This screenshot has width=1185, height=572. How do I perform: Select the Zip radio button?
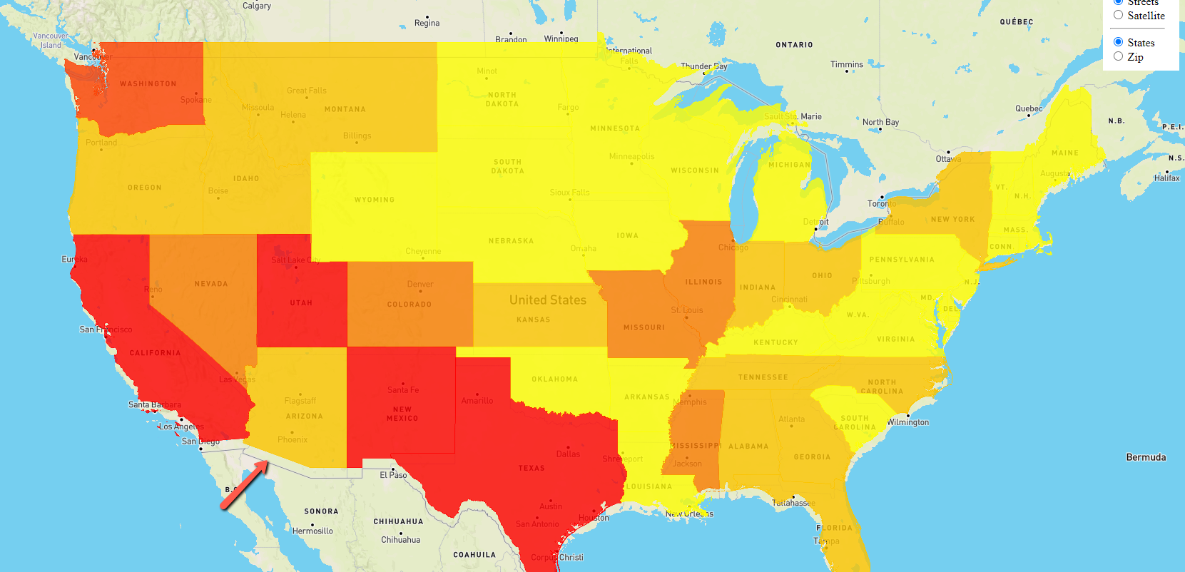click(1119, 56)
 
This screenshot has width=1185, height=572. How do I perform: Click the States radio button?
click(1119, 42)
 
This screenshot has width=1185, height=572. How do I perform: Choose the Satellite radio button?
click(1119, 15)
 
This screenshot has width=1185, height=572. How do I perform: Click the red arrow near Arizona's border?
click(245, 485)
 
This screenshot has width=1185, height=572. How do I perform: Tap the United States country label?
click(547, 300)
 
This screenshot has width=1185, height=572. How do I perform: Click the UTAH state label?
click(301, 303)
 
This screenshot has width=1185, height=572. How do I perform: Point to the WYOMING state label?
click(374, 200)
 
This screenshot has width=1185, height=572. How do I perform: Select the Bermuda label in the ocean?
click(1146, 457)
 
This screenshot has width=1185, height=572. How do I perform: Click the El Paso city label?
click(393, 475)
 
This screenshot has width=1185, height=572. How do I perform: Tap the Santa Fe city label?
click(403, 390)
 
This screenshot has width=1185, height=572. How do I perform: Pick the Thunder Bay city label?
click(703, 66)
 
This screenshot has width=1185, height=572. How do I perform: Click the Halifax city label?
click(1166, 178)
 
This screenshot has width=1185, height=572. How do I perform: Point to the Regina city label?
click(427, 24)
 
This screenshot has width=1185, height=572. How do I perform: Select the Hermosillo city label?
click(312, 531)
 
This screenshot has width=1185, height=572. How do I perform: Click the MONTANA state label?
click(345, 110)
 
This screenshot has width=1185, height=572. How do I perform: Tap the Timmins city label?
click(846, 65)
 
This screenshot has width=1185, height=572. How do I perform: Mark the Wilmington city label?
click(907, 422)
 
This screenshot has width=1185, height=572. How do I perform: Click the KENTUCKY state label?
click(775, 343)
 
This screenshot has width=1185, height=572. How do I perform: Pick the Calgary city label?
click(257, 6)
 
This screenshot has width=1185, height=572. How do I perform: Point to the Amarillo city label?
click(477, 401)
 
